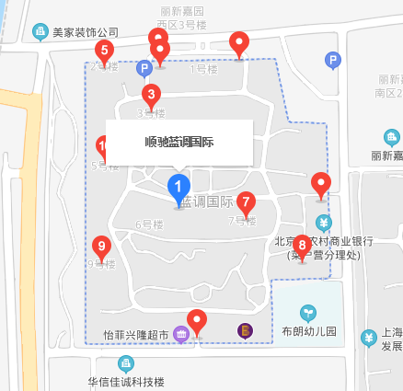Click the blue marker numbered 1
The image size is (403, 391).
click(x=178, y=188)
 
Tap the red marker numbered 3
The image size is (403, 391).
click(x=151, y=95)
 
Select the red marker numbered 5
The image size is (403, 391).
click(x=105, y=51)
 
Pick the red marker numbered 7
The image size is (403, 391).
click(x=246, y=202)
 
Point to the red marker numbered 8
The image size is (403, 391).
click(x=301, y=246)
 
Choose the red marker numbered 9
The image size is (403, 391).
click(x=101, y=247)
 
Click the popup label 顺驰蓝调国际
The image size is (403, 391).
click(x=179, y=142)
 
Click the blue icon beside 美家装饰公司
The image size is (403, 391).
click(x=40, y=31)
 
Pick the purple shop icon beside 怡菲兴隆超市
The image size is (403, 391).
click(x=181, y=335)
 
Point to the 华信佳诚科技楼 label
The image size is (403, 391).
click(x=126, y=382)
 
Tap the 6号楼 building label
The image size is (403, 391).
click(x=148, y=224)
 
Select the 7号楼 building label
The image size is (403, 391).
click(x=241, y=221)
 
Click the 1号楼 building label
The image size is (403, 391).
click(x=201, y=68)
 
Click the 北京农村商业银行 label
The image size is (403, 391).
click(x=318, y=242)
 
